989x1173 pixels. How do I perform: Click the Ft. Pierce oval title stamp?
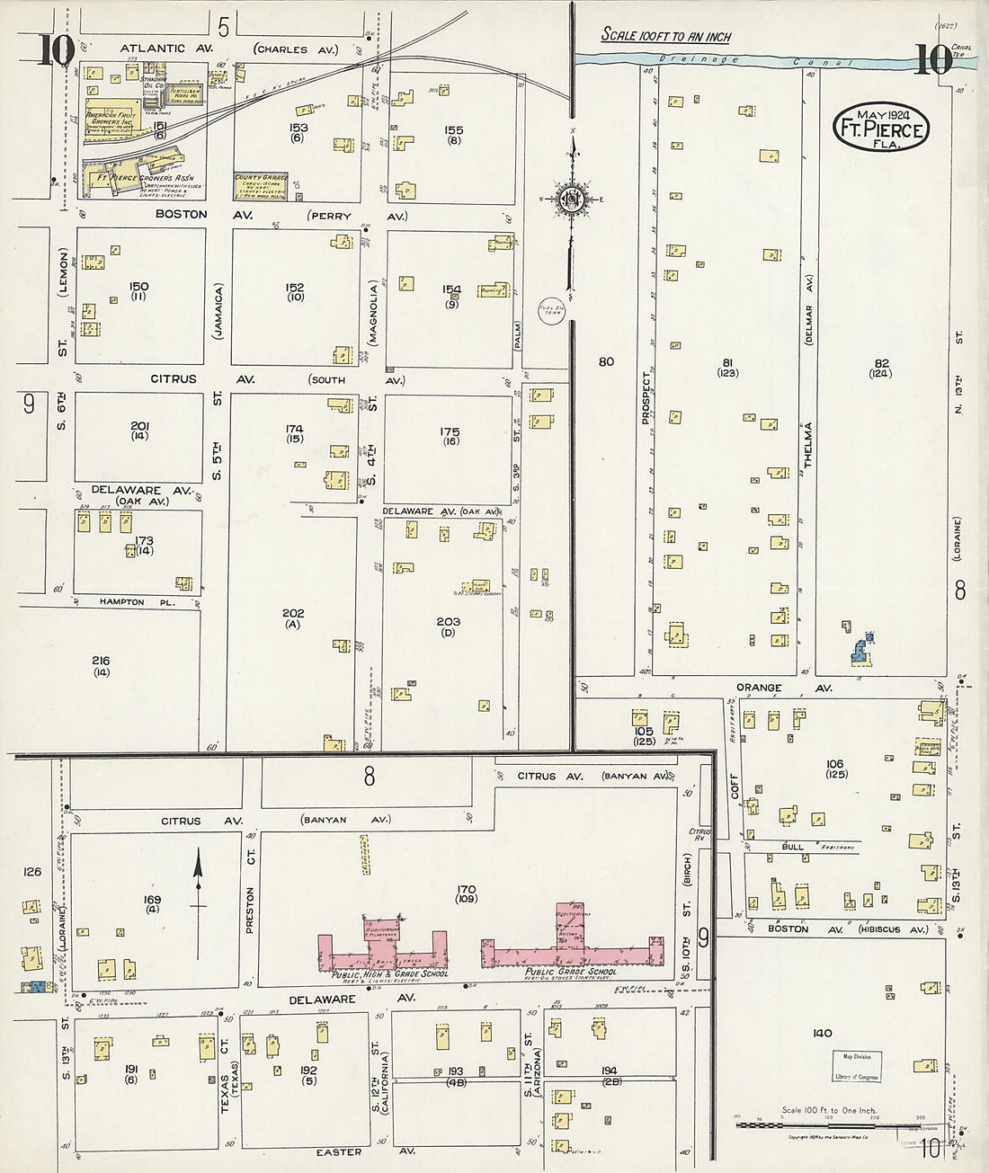[880, 128]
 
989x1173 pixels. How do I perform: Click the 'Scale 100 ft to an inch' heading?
[665, 37]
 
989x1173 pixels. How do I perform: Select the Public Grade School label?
[575, 972]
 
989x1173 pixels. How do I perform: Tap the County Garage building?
[261, 185]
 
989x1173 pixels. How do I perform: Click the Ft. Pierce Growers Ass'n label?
[148, 178]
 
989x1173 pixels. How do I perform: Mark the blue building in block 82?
[862, 650]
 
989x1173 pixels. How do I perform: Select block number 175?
[450, 432]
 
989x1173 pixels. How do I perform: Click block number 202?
[293, 614]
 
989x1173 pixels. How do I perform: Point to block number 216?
[101, 661]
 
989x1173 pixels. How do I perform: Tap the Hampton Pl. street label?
[121, 601]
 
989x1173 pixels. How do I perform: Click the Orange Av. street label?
[760, 688]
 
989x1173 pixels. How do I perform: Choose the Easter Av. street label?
[340, 1151]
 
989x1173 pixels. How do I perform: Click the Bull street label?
[792, 847]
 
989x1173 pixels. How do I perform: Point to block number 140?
[822, 1034]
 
